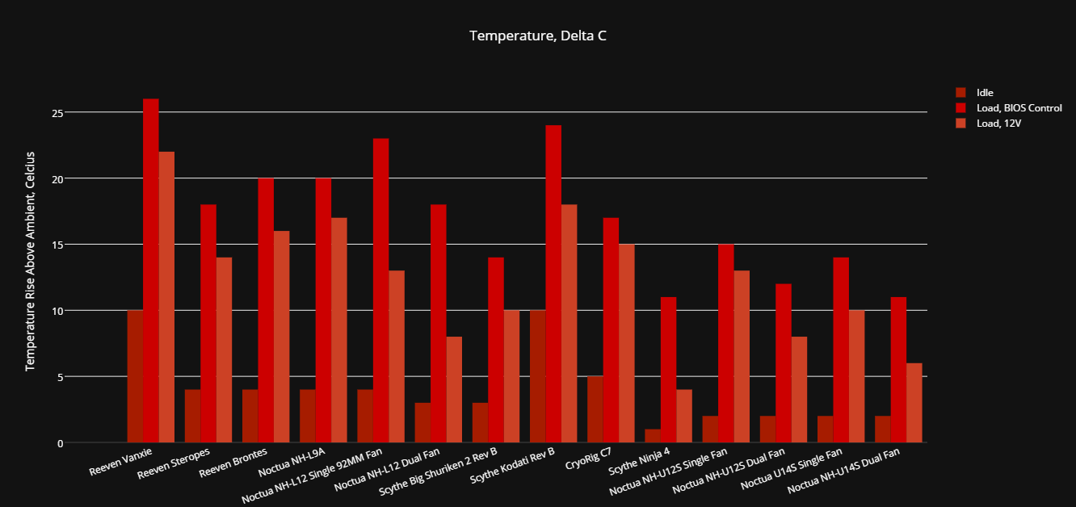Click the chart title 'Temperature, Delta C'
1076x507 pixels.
(537, 36)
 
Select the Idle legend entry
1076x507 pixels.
(985, 93)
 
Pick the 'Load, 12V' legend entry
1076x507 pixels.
(994, 123)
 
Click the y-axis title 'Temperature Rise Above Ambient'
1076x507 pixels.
(31, 261)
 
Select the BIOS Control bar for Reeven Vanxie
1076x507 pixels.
(151, 270)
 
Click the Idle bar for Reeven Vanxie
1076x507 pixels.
(135, 376)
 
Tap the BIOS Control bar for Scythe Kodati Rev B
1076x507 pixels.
(553, 283)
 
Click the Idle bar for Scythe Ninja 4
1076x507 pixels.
(653, 436)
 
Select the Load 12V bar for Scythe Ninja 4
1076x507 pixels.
(684, 416)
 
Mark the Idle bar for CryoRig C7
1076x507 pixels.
(595, 409)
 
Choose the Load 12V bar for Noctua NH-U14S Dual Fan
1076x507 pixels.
(914, 403)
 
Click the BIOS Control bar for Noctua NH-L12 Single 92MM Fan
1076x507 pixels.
(381, 291)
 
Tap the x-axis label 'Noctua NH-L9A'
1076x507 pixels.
(292, 461)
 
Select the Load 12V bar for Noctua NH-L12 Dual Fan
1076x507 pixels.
(454, 389)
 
